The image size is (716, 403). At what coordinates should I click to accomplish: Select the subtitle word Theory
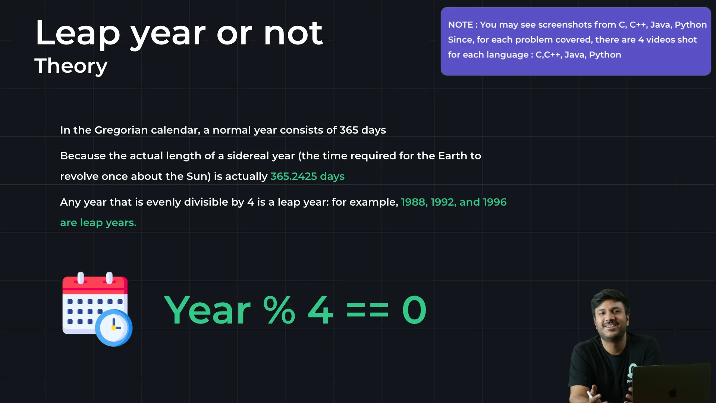71,66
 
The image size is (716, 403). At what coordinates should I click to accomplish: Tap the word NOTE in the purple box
461,25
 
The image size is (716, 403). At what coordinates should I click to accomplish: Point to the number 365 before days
349,130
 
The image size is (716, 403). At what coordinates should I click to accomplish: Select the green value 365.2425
294,176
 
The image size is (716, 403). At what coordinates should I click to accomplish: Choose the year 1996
495,202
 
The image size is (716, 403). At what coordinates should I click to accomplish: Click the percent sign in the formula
279,310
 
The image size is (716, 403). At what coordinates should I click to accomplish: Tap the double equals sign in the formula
367,310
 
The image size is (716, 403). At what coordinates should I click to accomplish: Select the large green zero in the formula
414,310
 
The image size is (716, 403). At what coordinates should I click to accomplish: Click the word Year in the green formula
207,310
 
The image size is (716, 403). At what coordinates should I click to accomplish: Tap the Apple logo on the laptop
673,392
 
